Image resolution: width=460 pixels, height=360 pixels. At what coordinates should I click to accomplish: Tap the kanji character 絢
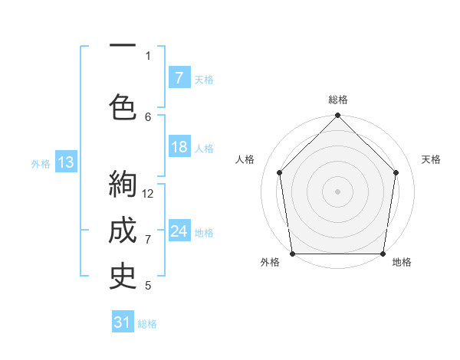(x=123, y=185)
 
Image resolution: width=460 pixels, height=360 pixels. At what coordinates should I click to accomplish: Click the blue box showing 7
(x=179, y=77)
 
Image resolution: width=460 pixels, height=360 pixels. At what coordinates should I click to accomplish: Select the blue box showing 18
(x=179, y=147)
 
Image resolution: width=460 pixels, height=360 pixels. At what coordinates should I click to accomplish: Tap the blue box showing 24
(x=179, y=231)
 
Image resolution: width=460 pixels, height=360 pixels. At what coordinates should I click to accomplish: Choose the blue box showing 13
(x=65, y=162)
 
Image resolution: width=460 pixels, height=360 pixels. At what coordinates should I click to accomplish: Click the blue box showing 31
(x=123, y=322)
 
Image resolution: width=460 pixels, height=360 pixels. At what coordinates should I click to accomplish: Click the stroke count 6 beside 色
(x=148, y=116)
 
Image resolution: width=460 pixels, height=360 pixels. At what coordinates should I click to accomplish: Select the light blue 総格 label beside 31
(x=147, y=324)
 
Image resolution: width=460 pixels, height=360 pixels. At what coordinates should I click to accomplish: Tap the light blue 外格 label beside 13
(x=40, y=163)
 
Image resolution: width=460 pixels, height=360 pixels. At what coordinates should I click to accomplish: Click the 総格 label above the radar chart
(x=337, y=100)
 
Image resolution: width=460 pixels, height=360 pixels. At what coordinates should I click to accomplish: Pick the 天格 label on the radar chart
(x=431, y=159)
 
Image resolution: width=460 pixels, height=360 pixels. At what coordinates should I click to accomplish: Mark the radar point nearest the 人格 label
(x=279, y=172)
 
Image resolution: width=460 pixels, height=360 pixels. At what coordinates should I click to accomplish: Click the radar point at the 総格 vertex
(x=337, y=116)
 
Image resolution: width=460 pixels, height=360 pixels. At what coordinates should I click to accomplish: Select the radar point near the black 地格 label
(x=383, y=254)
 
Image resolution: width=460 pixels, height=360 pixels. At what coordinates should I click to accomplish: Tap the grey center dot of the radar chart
(x=337, y=191)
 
